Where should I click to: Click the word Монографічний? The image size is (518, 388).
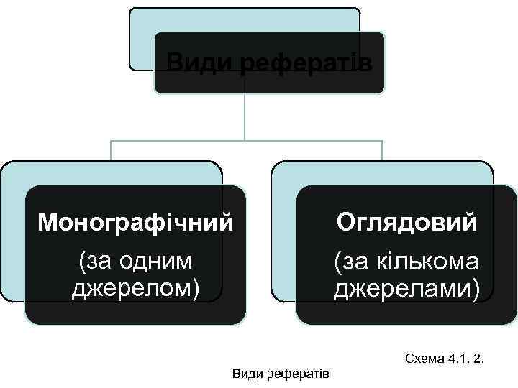(135, 223)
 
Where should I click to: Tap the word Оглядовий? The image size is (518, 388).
(407, 222)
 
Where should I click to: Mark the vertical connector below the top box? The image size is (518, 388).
(245, 115)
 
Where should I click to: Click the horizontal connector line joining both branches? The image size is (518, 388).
(245, 140)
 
